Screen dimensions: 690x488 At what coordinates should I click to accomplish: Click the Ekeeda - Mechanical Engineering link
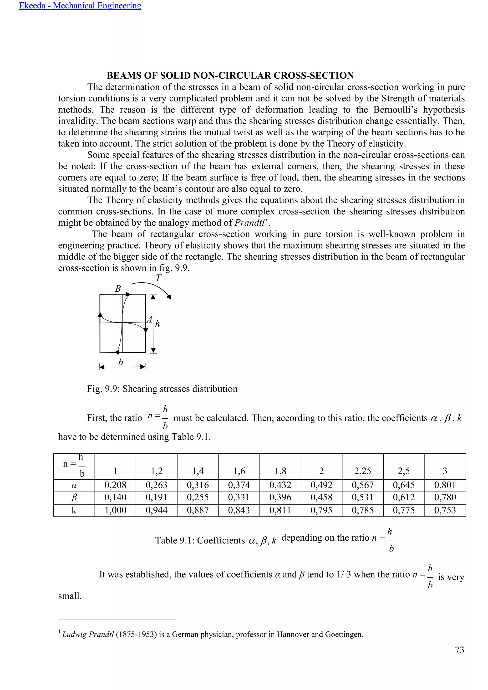80,6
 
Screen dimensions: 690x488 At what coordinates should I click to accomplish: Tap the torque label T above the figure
158,278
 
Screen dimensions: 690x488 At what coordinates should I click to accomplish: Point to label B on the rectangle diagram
118,289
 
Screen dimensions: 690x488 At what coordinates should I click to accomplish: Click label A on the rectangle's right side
149,320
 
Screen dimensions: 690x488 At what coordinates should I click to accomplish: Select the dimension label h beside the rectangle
158,324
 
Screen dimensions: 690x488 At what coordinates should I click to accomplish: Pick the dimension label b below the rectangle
121,362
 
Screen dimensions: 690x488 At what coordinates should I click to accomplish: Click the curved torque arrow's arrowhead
169,297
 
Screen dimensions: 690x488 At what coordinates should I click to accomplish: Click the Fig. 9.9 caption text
162,389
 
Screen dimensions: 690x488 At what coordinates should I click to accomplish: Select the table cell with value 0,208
115,485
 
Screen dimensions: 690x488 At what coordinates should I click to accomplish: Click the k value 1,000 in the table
115,510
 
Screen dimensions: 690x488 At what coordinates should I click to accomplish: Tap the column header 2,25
362,471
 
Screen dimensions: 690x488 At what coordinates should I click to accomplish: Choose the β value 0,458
321,497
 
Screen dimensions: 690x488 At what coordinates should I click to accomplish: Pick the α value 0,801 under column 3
445,485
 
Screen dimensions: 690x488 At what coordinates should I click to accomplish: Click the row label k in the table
74,510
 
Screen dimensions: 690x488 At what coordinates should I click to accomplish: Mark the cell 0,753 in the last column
445,510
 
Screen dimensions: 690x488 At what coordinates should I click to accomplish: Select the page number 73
459,650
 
